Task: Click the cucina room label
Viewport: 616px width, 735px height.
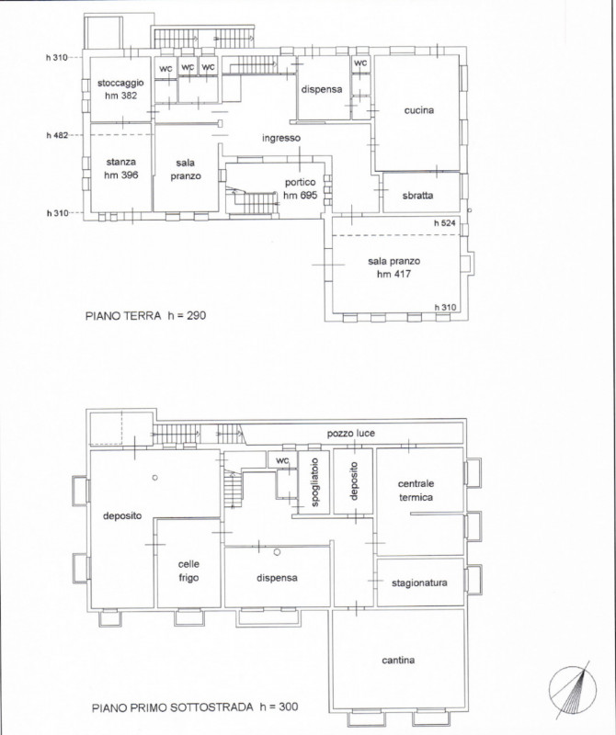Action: tap(419, 110)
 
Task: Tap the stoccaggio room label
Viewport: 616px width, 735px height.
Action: tap(120, 84)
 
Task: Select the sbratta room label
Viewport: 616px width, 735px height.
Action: tap(417, 196)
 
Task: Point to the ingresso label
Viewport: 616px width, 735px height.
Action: tap(281, 139)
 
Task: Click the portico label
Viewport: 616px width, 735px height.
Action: tap(301, 182)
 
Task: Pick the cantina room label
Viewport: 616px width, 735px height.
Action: tap(398, 660)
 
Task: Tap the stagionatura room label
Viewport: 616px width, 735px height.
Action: tap(419, 583)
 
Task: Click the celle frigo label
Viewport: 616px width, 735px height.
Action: tap(188, 571)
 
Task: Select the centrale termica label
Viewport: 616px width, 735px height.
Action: tap(416, 491)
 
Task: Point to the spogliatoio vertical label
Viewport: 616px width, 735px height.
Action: tap(314, 482)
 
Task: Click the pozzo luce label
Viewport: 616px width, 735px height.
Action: tap(351, 434)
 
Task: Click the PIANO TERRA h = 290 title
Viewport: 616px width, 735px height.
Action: tap(145, 315)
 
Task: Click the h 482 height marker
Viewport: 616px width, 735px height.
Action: tap(57, 135)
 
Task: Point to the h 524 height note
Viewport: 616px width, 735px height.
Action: tap(444, 223)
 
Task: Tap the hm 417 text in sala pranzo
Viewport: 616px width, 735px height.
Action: tap(394, 274)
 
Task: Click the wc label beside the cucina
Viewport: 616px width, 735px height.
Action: tap(360, 62)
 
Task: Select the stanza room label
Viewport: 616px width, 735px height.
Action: tap(121, 163)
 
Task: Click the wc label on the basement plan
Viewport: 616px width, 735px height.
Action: tap(282, 461)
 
